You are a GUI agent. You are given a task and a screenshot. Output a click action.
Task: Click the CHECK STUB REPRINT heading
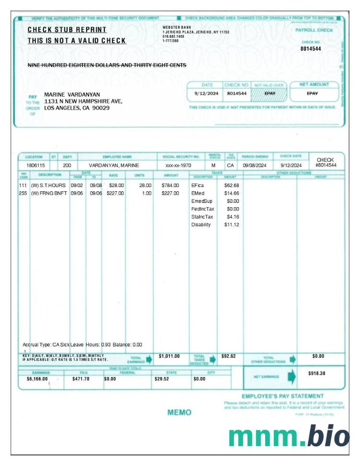point(67,30)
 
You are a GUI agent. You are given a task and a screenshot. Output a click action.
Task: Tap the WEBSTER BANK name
point(177,27)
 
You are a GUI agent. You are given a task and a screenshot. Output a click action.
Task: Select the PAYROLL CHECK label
point(314,30)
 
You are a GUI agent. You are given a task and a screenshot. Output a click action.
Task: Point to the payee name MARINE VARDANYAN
point(72,94)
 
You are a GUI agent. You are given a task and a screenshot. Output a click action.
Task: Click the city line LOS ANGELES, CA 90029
point(77,108)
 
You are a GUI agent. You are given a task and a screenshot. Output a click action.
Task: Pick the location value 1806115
point(35,165)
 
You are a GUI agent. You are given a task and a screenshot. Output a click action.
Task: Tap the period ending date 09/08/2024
point(254,165)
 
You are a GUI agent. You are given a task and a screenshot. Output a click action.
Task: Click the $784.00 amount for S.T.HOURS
point(170,185)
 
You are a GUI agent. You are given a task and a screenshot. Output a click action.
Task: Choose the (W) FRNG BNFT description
point(49,193)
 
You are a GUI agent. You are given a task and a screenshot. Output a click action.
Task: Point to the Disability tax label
point(201,225)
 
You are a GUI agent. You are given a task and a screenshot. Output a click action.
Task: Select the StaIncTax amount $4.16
point(233,217)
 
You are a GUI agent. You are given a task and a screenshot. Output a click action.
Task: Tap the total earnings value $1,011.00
point(169,356)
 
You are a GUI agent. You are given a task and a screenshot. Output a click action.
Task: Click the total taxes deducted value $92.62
point(229,356)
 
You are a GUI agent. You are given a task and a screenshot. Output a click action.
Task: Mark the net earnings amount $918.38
point(316,373)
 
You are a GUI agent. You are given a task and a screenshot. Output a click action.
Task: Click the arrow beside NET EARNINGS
point(291,377)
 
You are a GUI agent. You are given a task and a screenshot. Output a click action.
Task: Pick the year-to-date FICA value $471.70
point(81,379)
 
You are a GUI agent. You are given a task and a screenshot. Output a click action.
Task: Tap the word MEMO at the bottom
point(180,412)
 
